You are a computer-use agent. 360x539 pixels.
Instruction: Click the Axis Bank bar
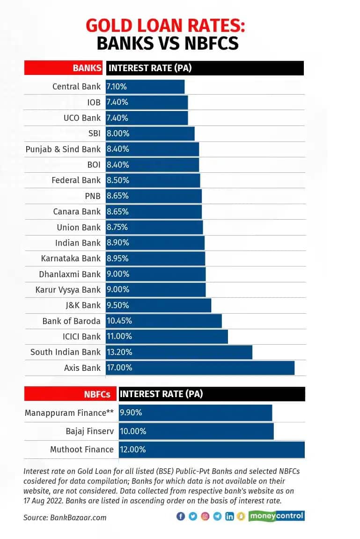[200, 368]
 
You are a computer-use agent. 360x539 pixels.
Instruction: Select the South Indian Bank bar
[179, 352]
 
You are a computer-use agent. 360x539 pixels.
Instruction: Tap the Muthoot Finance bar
[212, 449]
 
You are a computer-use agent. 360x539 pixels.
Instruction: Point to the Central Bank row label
[76, 86]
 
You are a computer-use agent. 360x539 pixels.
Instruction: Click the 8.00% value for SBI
[118, 133]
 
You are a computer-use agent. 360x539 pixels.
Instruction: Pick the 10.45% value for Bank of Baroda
[119, 321]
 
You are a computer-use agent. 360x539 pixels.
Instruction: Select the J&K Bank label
[83, 305]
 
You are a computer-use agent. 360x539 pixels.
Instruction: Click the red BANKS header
[64, 68]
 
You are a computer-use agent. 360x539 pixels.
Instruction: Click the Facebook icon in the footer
[181, 516]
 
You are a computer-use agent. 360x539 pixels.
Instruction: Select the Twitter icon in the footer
[193, 516]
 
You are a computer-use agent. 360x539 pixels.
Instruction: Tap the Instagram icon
[205, 516]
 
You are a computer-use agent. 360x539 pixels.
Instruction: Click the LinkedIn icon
[229, 516]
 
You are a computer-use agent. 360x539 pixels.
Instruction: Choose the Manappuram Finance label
[69, 413]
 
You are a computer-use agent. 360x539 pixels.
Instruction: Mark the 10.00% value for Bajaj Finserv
[133, 431]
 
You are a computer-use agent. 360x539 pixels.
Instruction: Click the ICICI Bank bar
[167, 336]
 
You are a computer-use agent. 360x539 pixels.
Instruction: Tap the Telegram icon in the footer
[217, 516]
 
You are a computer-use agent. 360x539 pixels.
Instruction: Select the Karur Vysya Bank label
[68, 289]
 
